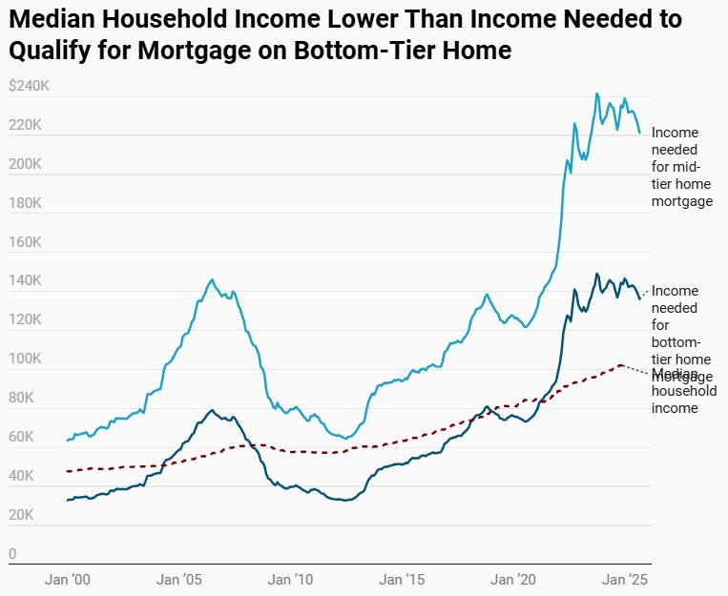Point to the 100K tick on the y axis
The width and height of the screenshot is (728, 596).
coord(25,360)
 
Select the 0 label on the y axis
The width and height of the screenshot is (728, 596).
coord(12,554)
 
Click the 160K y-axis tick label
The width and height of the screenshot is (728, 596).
coord(25,242)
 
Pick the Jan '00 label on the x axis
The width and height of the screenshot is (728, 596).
coord(68,579)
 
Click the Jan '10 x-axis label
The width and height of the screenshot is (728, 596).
coord(290,579)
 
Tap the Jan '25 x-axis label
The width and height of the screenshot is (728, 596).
coord(626,579)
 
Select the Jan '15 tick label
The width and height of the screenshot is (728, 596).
coord(402,579)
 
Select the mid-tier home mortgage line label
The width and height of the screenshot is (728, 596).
coord(681,168)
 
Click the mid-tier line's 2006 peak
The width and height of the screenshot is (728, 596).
coord(211,279)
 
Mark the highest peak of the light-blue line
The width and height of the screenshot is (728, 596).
coord(597,93)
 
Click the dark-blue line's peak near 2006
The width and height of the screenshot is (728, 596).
coord(211,410)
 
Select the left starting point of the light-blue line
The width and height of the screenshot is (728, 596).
coord(67,441)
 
